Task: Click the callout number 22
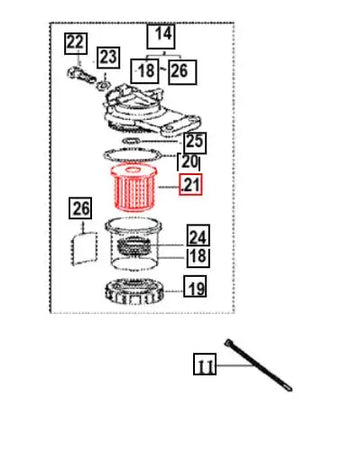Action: click(x=76, y=43)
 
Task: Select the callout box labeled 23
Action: click(x=108, y=58)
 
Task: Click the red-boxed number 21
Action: click(x=190, y=184)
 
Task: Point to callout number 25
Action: click(x=195, y=142)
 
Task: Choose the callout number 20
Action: click(x=189, y=162)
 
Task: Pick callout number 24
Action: click(x=198, y=236)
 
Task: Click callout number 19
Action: click(x=195, y=287)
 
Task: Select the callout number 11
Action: click(x=205, y=364)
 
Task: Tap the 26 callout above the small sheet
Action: click(x=80, y=208)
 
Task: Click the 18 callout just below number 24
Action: click(x=198, y=257)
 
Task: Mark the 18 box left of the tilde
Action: click(x=145, y=71)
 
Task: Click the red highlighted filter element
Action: click(x=133, y=188)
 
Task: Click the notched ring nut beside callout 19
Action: click(x=134, y=292)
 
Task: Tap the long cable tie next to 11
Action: click(x=258, y=365)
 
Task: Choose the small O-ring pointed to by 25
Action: click(x=131, y=140)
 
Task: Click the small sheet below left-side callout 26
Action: click(x=84, y=248)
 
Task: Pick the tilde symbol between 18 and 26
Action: click(x=163, y=70)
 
